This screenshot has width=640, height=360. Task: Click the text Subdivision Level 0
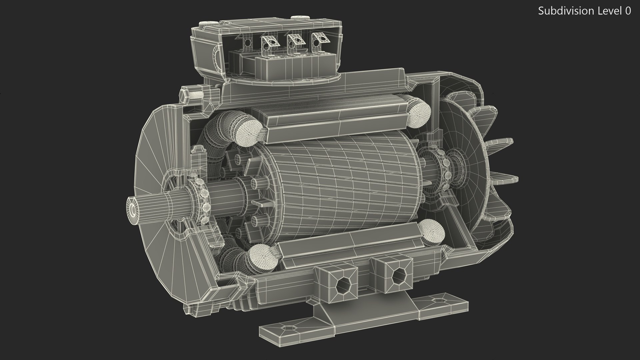click(x=584, y=11)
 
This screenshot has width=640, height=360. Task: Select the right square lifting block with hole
click(x=396, y=274)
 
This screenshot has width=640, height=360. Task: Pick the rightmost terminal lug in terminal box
click(x=318, y=40)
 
